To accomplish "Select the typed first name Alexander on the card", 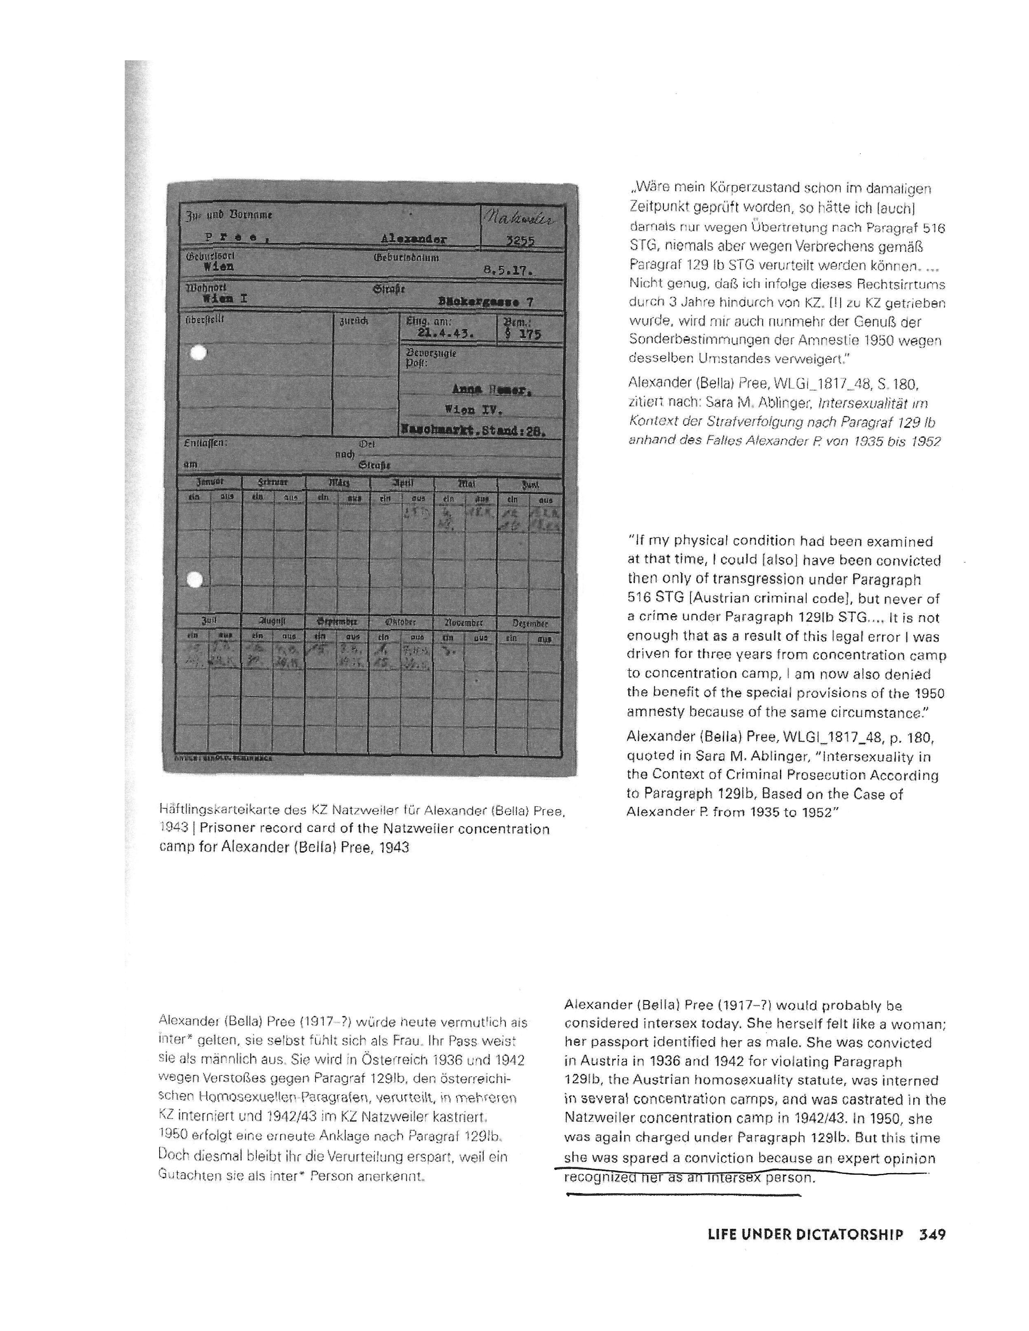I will tap(413, 239).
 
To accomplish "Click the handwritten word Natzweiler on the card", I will tap(523, 217).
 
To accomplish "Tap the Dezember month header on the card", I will tap(529, 623).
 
